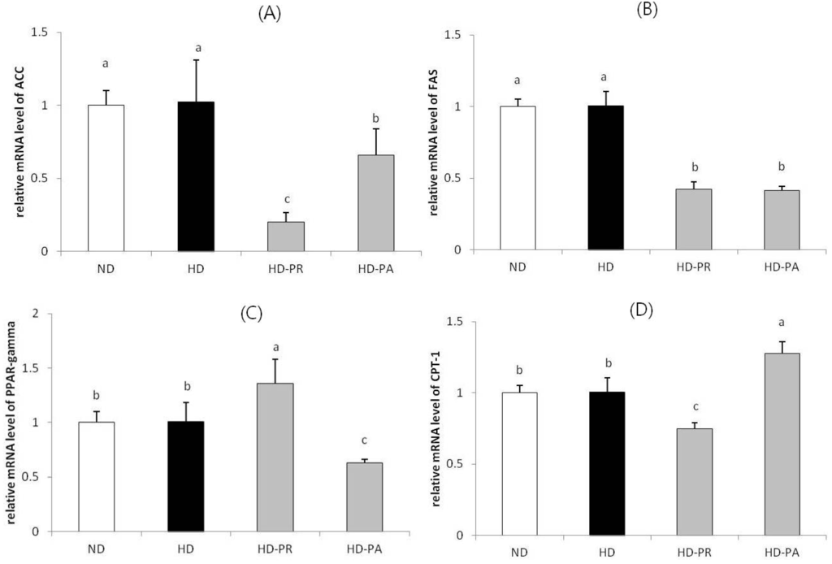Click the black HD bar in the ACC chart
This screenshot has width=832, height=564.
tap(196, 176)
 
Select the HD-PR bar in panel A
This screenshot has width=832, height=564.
tap(286, 236)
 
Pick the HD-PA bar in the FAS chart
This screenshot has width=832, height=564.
tap(782, 219)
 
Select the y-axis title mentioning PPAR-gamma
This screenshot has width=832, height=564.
tap(17, 423)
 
